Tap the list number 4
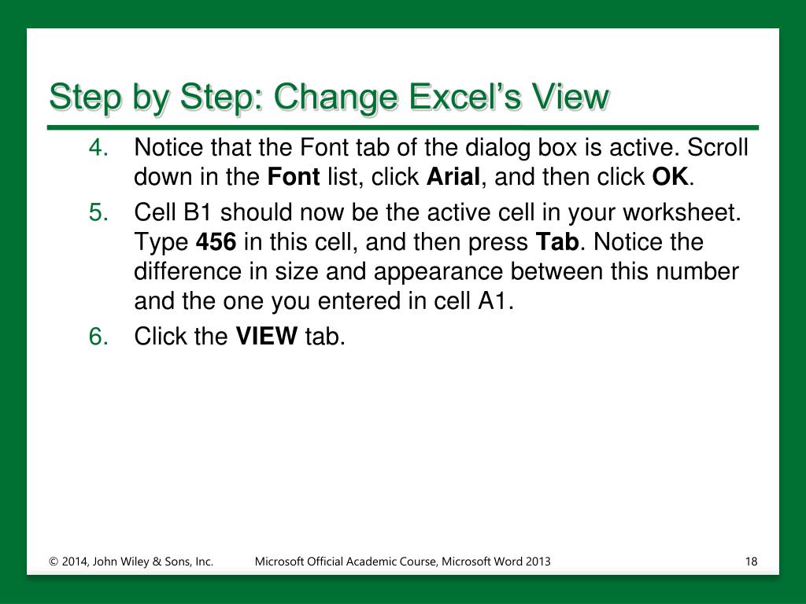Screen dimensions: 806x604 (98, 148)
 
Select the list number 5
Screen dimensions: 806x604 (98, 212)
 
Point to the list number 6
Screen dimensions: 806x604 (98, 337)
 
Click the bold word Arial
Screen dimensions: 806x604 (453, 177)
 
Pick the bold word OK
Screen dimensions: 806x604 (671, 177)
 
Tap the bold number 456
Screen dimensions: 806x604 (216, 242)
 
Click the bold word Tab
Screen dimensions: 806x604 (557, 241)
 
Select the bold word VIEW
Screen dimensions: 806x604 (266, 337)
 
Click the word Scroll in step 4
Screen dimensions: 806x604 (718, 147)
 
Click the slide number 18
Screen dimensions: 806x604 (751, 562)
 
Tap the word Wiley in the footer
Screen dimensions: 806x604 (135, 562)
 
